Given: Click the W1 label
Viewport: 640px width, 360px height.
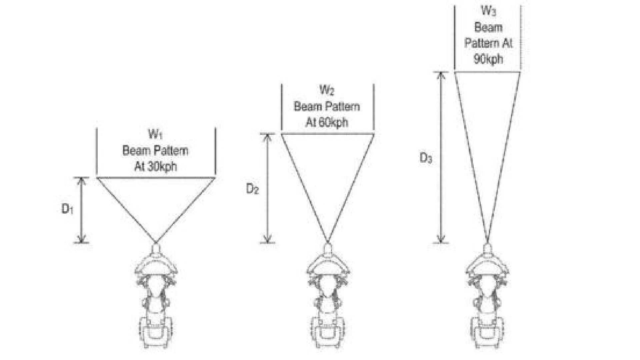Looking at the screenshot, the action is click(155, 135).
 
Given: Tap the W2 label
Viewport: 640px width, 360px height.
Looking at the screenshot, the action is click(327, 90).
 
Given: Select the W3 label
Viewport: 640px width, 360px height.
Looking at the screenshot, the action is click(489, 11).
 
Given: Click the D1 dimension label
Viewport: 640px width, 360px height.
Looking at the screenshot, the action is click(68, 209).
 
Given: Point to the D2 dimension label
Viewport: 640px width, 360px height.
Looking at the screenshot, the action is click(252, 189).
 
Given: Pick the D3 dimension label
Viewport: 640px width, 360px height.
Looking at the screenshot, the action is click(426, 158).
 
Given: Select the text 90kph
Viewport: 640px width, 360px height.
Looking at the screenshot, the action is click(488, 59).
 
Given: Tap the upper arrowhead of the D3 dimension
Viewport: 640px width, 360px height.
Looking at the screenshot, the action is click(441, 76).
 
